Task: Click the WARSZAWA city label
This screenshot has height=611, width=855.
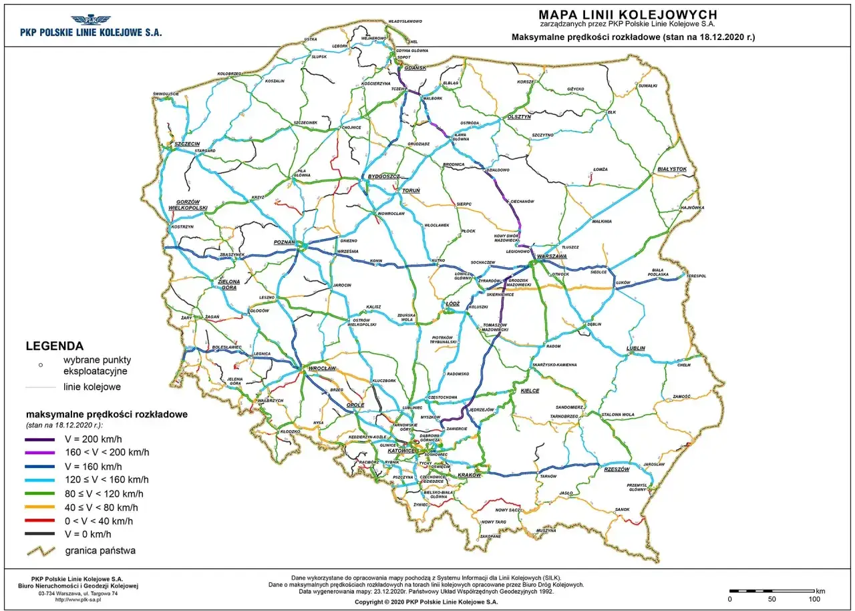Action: [552, 256]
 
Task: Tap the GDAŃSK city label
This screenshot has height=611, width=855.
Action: [415, 68]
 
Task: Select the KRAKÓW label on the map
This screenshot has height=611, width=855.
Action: [470, 475]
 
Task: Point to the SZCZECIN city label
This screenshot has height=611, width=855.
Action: [187, 144]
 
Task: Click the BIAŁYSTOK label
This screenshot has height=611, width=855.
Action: [671, 169]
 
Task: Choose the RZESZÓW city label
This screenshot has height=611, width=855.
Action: [617, 469]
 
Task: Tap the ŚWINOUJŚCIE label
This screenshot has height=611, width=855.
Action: [166, 93]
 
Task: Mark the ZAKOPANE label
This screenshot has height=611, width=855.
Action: [490, 536]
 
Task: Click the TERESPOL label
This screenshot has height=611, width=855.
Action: [696, 275]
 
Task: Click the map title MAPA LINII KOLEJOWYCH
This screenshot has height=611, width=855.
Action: [628, 14]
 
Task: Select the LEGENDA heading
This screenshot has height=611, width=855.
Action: [54, 346]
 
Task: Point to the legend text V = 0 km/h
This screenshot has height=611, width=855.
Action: [88, 534]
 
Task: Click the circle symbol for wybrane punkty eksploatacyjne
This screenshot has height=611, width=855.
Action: [41, 365]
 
